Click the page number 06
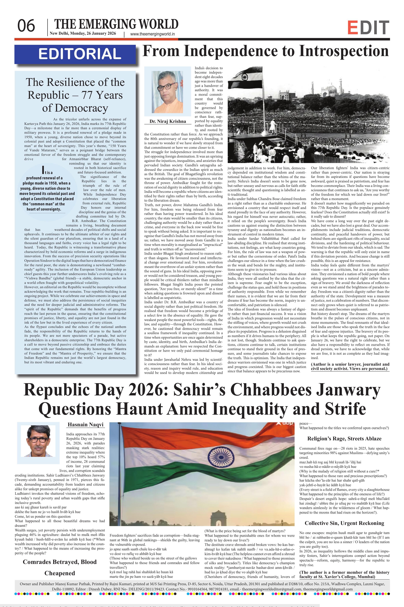tap(26, 26)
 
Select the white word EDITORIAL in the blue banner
tap(80, 54)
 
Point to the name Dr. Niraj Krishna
tap(168, 121)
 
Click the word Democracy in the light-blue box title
tap(75, 108)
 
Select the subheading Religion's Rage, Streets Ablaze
tap(344, 438)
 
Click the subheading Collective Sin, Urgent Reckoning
tap(344, 523)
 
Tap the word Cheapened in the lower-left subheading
tap(60, 573)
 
